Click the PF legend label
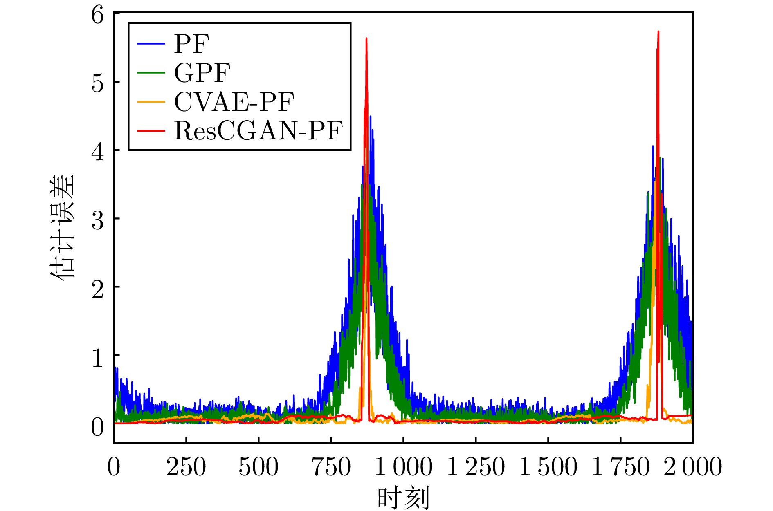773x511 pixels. pyautogui.click(x=191, y=43)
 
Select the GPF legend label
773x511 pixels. pyautogui.click(x=202, y=73)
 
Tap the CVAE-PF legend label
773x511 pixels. pyautogui.click(x=234, y=102)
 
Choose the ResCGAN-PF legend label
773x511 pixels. pyautogui.click(x=258, y=131)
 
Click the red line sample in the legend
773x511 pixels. pyautogui.click(x=151, y=131)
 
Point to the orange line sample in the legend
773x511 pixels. pyautogui.click(x=151, y=102)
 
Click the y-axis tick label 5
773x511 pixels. pyautogui.click(x=98, y=83)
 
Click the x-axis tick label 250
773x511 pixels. pyautogui.click(x=186, y=467)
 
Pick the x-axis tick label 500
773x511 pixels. pyautogui.click(x=258, y=467)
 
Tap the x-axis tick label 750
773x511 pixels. pyautogui.click(x=331, y=467)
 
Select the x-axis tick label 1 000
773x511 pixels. pyautogui.click(x=403, y=467)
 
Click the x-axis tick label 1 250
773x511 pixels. pyautogui.click(x=476, y=467)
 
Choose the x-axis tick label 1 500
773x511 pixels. pyautogui.click(x=548, y=467)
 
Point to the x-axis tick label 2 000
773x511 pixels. pyautogui.click(x=693, y=467)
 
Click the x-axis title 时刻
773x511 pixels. pyautogui.click(x=403, y=498)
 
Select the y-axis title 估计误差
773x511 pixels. pyautogui.click(x=62, y=227)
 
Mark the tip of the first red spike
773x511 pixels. pyautogui.click(x=366, y=38)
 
